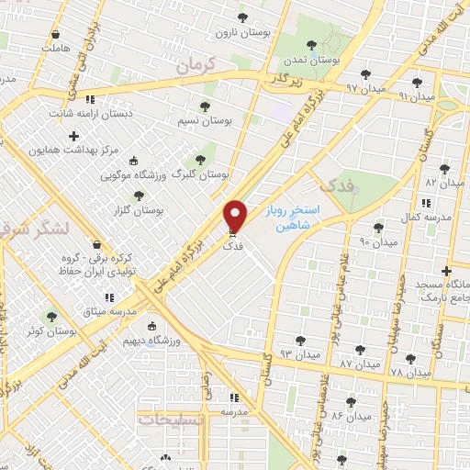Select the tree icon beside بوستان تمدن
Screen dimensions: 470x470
coord(313,43)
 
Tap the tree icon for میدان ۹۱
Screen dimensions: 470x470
coord(418,82)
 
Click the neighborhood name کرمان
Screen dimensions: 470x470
coord(196,66)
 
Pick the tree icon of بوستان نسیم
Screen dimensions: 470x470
coord(203,106)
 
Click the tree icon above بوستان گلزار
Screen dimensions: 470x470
coord(139,195)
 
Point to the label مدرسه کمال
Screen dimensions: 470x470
coord(425,216)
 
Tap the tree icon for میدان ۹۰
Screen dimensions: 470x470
coord(378,228)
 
